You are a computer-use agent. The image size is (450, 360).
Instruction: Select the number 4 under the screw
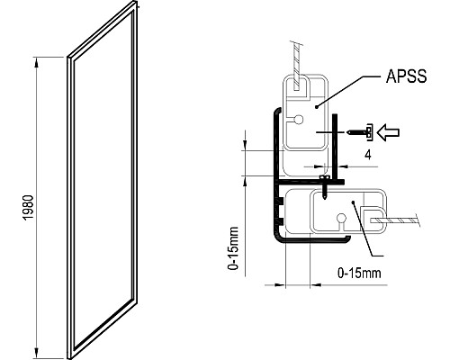pyautogui.click(x=367, y=154)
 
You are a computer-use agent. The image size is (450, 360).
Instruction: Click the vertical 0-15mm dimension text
pyautogui.click(x=233, y=248)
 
